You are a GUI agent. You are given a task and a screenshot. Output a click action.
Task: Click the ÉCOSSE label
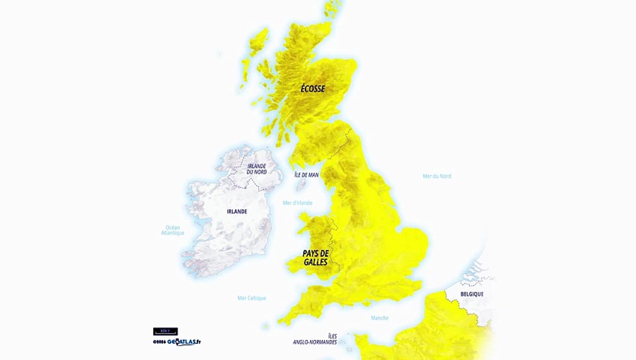tap(312, 88)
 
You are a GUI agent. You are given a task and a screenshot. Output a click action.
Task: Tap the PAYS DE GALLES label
tap(315, 258)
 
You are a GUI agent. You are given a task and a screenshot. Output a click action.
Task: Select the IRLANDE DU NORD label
tap(256, 169)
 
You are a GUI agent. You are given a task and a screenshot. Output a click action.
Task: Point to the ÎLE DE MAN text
tap(306, 175)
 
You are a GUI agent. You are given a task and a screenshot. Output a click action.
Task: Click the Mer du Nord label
tap(437, 176)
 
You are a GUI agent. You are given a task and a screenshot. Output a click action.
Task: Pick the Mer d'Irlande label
tap(297, 203)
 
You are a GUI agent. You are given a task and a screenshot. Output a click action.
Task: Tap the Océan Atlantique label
tap(173, 230)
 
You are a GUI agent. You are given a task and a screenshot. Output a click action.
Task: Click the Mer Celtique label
tap(251, 298)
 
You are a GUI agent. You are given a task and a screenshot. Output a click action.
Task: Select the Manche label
tap(379, 318)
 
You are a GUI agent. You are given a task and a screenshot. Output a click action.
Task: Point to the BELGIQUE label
tap(471, 294)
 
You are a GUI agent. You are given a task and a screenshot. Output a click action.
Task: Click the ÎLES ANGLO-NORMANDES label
tap(314, 339)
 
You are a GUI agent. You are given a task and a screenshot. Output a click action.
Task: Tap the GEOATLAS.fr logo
tap(177, 342)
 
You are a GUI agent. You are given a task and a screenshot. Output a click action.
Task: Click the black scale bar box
tap(165, 331)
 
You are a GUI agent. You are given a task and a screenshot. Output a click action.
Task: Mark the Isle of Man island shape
tap(300, 185)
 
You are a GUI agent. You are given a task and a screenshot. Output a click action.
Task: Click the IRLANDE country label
tap(237, 211)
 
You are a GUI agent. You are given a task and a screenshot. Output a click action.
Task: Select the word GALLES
tap(315, 262)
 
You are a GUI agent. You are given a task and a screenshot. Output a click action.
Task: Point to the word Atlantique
tap(173, 233)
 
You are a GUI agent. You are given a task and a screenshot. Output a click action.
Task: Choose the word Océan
tap(173, 227)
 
